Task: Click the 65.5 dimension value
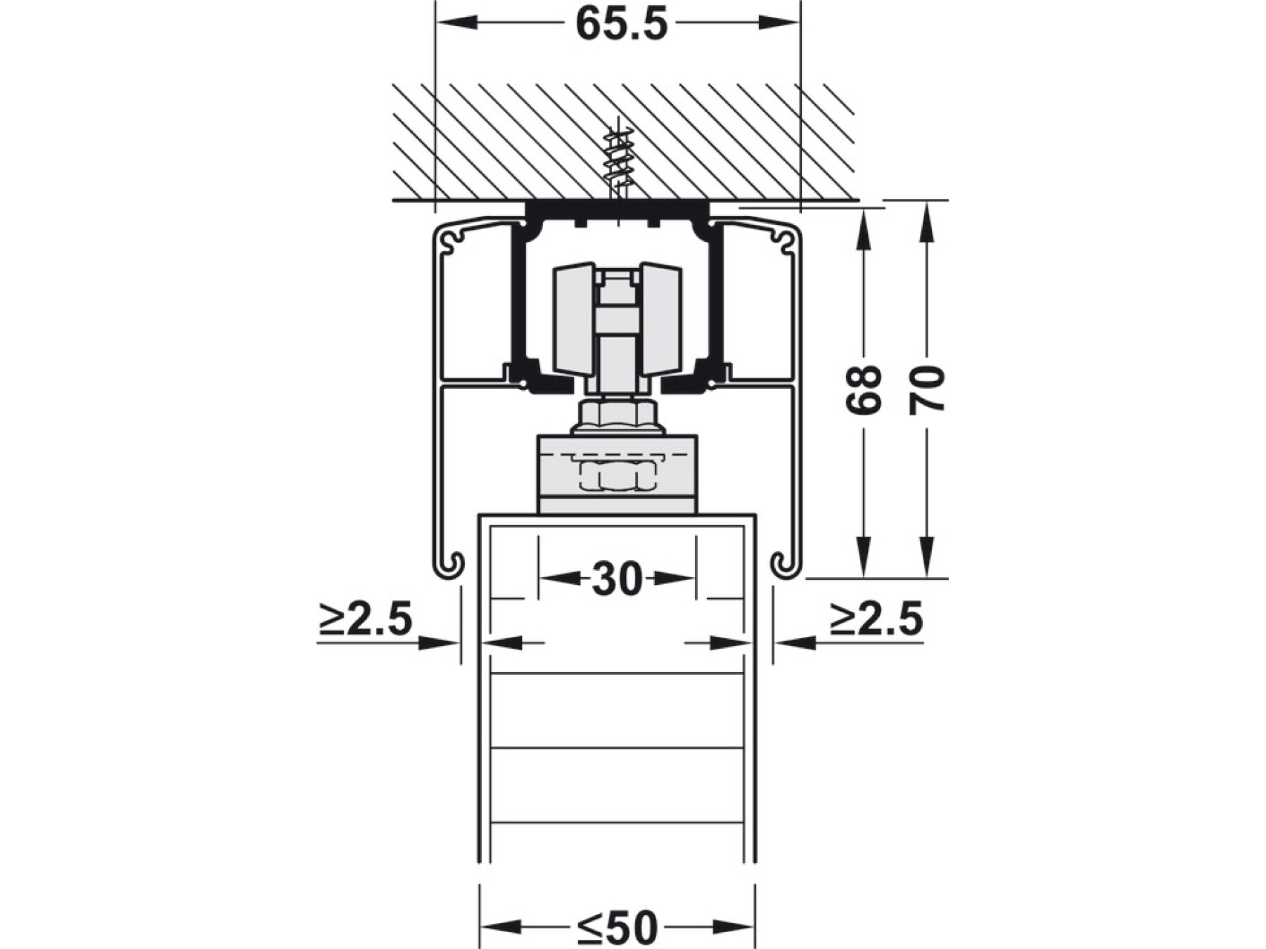coord(621,24)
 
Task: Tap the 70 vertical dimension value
coord(927,389)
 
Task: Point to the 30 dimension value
coord(618,579)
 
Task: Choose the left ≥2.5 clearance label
coord(365,619)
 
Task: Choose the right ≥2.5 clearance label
coord(876,619)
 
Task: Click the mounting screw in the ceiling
coord(617,165)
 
